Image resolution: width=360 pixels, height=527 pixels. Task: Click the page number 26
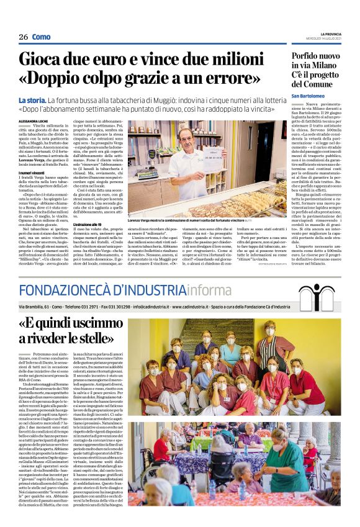(23, 37)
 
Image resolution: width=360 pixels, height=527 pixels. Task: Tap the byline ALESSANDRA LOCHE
(32, 122)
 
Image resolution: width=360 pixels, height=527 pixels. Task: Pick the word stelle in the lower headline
(97, 338)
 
